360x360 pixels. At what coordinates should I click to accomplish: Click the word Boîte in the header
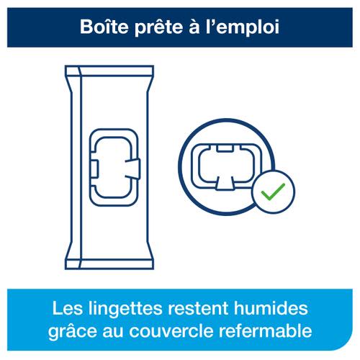(104, 27)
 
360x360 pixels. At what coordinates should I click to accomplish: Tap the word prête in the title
(159, 28)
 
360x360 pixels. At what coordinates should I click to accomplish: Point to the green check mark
(273, 192)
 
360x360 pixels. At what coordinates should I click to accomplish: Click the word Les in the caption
(67, 308)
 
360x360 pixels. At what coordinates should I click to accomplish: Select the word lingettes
(125, 310)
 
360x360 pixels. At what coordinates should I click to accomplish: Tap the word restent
(198, 308)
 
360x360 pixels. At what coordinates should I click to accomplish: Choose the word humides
(271, 307)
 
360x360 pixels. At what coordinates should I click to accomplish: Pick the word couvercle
(171, 330)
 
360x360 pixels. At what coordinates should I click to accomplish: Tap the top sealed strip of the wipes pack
(109, 71)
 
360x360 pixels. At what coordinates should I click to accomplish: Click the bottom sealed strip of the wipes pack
(109, 264)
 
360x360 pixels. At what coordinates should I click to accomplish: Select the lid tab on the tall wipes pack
(132, 169)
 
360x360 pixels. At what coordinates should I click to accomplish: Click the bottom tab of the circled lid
(225, 184)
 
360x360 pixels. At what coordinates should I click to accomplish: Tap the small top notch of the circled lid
(225, 148)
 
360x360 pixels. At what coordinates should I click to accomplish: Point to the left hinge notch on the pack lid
(94, 169)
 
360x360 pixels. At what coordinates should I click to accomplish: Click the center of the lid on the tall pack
(114, 167)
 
